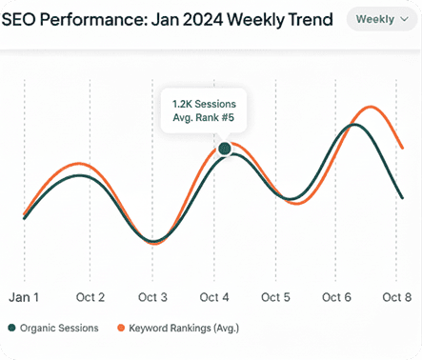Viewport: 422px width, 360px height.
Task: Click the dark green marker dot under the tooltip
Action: (x=225, y=148)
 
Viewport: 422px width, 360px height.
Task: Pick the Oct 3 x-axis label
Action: (x=152, y=297)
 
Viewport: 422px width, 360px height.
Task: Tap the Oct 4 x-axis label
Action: (x=214, y=297)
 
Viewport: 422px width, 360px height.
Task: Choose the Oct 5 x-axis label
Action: (x=276, y=297)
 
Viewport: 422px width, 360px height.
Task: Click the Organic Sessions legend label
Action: (x=60, y=328)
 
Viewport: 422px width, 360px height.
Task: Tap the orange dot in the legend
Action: (x=121, y=328)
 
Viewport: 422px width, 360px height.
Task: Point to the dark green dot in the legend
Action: (x=11, y=328)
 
